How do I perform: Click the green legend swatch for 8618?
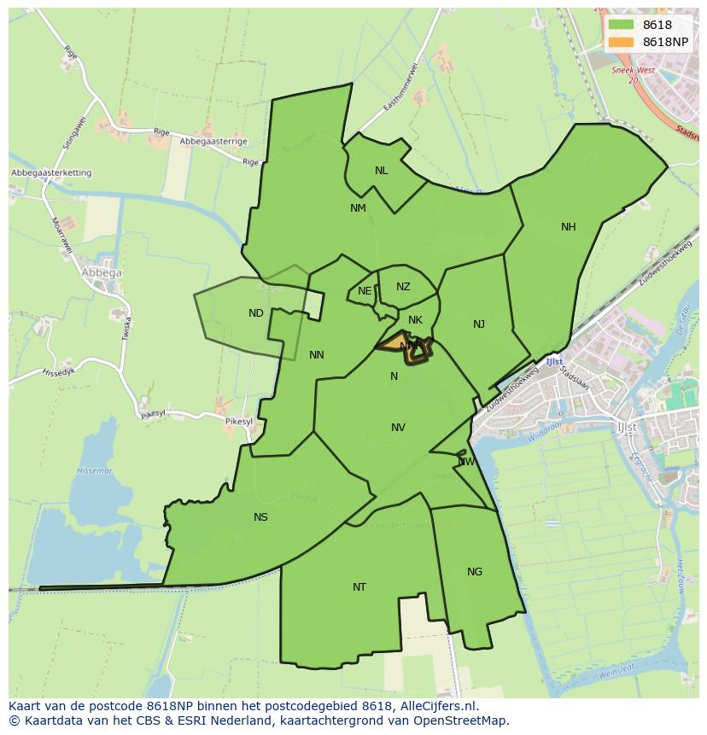tap(621, 25)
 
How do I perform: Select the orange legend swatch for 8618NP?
tap(621, 42)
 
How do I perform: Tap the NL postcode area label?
tap(381, 171)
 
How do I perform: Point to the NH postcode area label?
tap(569, 227)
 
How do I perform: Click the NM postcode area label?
tap(358, 208)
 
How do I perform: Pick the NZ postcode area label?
tap(403, 287)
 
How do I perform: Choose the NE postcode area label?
tap(365, 291)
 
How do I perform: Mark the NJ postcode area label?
tap(479, 324)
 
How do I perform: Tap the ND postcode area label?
tap(256, 313)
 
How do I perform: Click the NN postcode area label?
tap(317, 355)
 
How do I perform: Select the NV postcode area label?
tap(398, 428)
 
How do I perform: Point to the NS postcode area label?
tap(260, 517)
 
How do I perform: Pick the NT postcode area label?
tap(359, 587)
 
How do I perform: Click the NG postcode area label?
tap(475, 572)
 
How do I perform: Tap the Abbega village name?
tap(102, 273)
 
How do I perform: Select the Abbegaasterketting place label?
tap(51, 173)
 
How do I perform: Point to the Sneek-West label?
tap(632, 71)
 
